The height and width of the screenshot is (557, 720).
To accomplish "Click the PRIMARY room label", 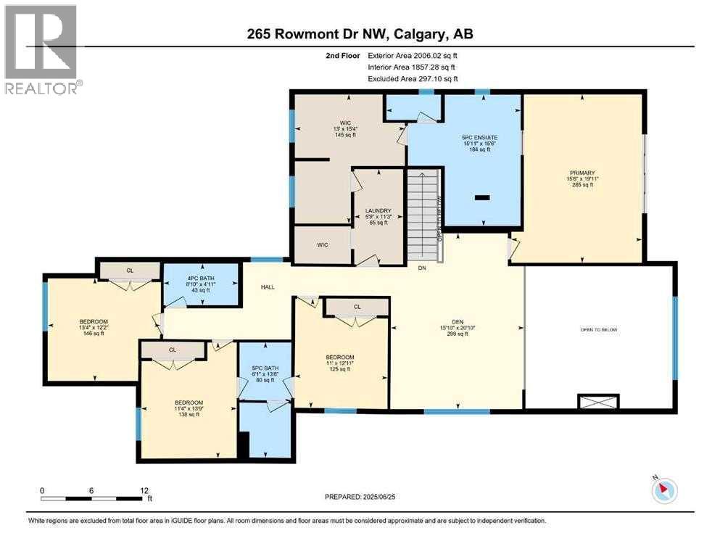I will coord(582,173).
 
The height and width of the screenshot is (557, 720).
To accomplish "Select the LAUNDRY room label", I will coord(376,210).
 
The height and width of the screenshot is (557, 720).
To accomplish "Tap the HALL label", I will coord(268,287).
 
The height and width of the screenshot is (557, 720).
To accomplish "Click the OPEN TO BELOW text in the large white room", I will coord(600,329).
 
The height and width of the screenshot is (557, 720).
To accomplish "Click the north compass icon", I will coord(664,490).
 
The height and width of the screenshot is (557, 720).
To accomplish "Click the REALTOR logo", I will coord(41,49).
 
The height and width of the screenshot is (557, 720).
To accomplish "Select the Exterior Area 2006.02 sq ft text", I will coord(413,55).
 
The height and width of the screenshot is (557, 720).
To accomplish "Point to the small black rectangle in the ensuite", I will coord(482,197).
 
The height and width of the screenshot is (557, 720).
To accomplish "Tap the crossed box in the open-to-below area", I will coord(598,401).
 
